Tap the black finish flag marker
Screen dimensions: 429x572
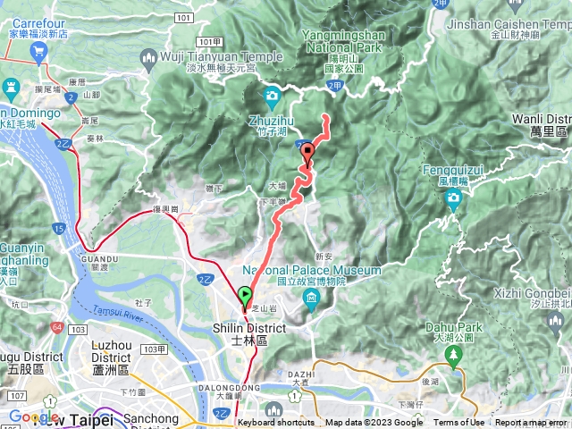308,152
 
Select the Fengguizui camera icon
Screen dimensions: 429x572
453,200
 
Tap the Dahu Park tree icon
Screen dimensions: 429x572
453,357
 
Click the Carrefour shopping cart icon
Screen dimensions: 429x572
38,51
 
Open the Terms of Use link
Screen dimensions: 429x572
458,423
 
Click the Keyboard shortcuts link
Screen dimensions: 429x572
276,423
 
